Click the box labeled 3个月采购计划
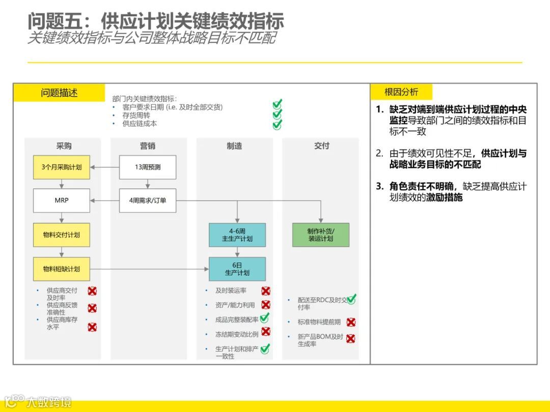pos(62,167)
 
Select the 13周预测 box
pos(148,167)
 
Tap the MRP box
pos(62,200)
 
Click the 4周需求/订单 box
pos(148,200)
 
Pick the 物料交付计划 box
pos(62,235)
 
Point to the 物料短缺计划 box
pos(62,269)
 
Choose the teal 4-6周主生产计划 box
pos(237,235)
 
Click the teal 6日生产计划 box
pos(237,269)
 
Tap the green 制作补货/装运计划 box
pos(321,235)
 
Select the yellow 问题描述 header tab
pos(60,93)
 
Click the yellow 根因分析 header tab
pos(401,92)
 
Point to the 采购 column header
pos(64,146)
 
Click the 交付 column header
pos(321,146)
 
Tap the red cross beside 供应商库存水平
pos(92,327)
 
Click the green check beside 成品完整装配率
pos(264,318)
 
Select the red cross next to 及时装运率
pos(266,291)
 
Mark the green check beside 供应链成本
pos(277,124)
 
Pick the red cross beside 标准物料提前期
pos(351,322)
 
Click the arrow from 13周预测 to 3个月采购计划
pos(104,167)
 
